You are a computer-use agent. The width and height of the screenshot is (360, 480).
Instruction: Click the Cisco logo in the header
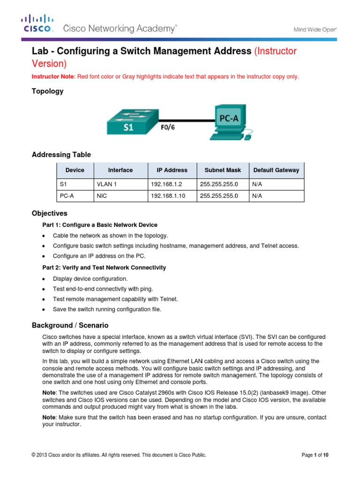tap(37, 24)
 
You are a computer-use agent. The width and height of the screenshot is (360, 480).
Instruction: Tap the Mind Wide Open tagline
tap(315, 29)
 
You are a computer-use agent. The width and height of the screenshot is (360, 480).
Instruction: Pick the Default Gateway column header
tap(276, 170)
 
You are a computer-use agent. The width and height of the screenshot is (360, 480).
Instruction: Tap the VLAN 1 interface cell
tap(106, 184)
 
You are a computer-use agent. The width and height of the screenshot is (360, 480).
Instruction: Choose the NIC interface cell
tap(101, 196)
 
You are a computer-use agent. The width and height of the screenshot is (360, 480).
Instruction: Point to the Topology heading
tap(47, 91)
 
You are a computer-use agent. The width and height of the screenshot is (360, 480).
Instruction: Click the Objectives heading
tap(49, 213)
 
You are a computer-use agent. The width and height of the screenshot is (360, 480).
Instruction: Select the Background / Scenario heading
tap(70, 325)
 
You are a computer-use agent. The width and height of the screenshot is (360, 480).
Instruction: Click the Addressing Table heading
tap(61, 155)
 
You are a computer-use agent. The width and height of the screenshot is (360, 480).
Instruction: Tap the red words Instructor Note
tap(50, 76)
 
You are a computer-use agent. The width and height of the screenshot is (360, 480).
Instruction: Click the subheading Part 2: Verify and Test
tap(104, 268)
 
